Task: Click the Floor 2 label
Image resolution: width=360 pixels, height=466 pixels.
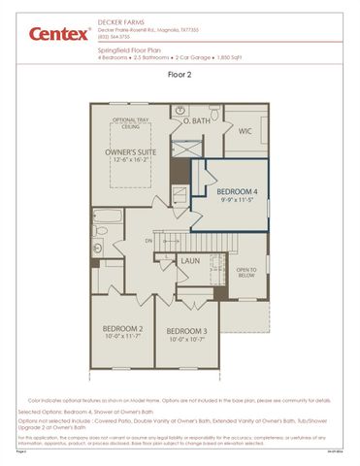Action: [x=180, y=73]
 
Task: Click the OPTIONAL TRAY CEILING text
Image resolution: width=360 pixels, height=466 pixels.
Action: [x=131, y=122]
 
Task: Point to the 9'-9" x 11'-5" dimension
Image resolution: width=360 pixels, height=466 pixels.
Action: [x=237, y=201]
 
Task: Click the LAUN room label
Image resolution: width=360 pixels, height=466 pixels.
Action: [x=190, y=260]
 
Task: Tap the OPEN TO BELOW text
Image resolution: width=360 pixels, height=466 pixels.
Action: [x=245, y=273]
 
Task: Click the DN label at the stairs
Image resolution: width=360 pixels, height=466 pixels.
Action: [x=148, y=240]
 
